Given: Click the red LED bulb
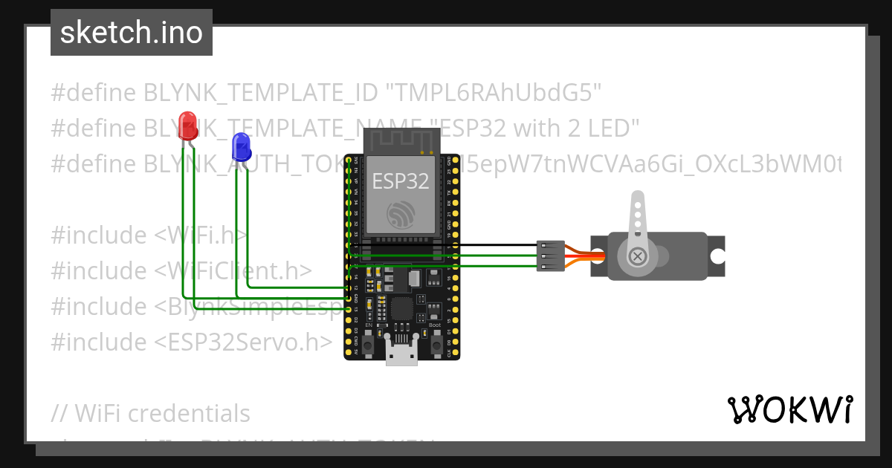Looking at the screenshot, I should point(188,126).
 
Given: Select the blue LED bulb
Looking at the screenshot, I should point(241,147).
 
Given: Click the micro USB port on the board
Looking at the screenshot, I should point(401,356).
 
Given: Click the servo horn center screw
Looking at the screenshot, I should point(637,256).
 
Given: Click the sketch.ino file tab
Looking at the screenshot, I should point(131,33).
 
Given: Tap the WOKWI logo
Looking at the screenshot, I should point(789,409).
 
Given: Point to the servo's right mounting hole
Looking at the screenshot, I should point(717,256).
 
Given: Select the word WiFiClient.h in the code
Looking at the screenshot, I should point(242,271).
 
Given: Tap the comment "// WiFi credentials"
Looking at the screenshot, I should point(151,413).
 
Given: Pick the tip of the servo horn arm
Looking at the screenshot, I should point(637,198).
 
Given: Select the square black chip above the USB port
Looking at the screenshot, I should point(401,311).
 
